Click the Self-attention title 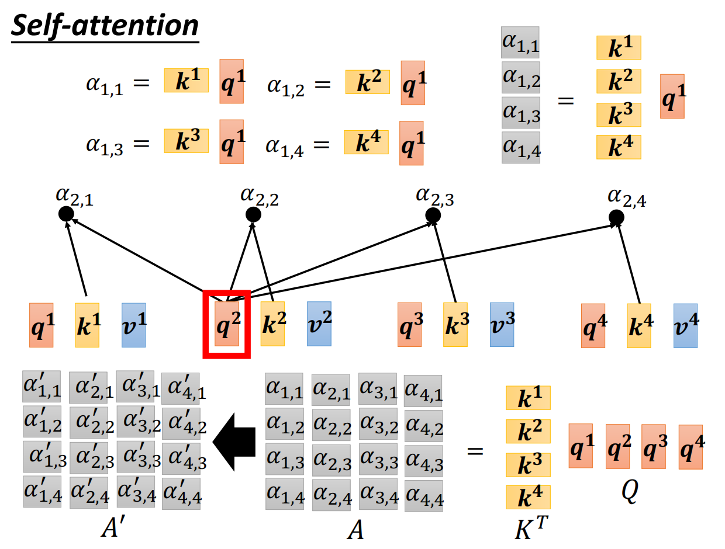tap(105, 26)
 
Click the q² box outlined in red tap(226, 324)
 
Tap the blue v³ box tap(502, 324)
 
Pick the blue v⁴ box tap(685, 325)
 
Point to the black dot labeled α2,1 tap(66, 214)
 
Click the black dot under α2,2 tap(253, 214)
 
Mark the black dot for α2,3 tap(433, 216)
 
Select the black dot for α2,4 tap(616, 218)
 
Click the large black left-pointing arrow tap(235, 442)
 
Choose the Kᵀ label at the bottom tap(529, 529)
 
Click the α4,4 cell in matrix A tap(423, 496)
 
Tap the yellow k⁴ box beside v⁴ tap(639, 325)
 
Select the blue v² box tap(319, 323)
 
